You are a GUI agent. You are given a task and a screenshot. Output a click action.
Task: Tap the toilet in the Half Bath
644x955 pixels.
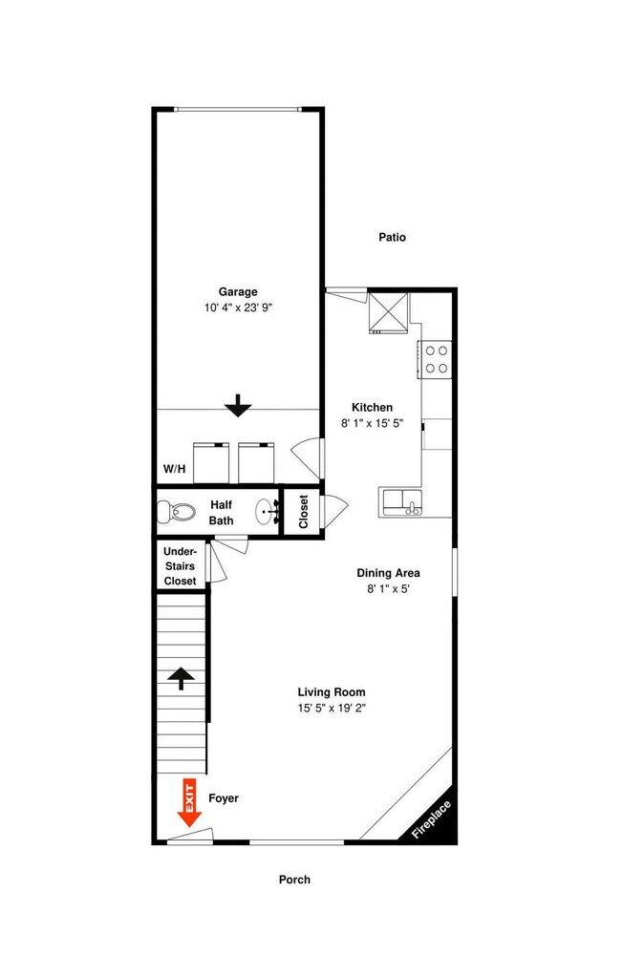[176, 512]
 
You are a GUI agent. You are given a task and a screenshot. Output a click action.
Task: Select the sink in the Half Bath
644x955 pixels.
[268, 512]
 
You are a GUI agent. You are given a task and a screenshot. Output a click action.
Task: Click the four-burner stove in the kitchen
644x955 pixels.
[435, 359]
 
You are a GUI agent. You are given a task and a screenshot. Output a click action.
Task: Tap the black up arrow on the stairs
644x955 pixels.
[182, 678]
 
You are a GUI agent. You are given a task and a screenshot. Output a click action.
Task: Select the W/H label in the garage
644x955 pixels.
[174, 469]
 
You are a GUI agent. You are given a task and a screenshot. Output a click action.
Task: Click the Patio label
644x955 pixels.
[392, 237]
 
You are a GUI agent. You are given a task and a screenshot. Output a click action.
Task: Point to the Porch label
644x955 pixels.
[294, 880]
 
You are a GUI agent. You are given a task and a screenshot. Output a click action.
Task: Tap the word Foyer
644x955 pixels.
[224, 797]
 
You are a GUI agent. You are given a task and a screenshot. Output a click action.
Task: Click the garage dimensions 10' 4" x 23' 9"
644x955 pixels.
[238, 308]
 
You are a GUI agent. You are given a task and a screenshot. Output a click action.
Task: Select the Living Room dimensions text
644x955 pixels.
[332, 708]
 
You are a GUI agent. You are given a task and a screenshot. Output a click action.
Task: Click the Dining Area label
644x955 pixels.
[388, 572]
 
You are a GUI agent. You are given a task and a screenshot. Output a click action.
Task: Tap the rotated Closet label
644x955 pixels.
[304, 512]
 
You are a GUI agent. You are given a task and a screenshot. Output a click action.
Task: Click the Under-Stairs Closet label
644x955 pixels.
[180, 565]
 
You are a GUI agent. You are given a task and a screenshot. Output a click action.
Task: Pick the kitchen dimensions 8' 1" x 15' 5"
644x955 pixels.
[373, 423]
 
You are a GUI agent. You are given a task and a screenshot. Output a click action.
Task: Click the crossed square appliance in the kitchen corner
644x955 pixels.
[388, 312]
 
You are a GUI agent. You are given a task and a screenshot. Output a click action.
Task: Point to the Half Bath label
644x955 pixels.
[221, 512]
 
